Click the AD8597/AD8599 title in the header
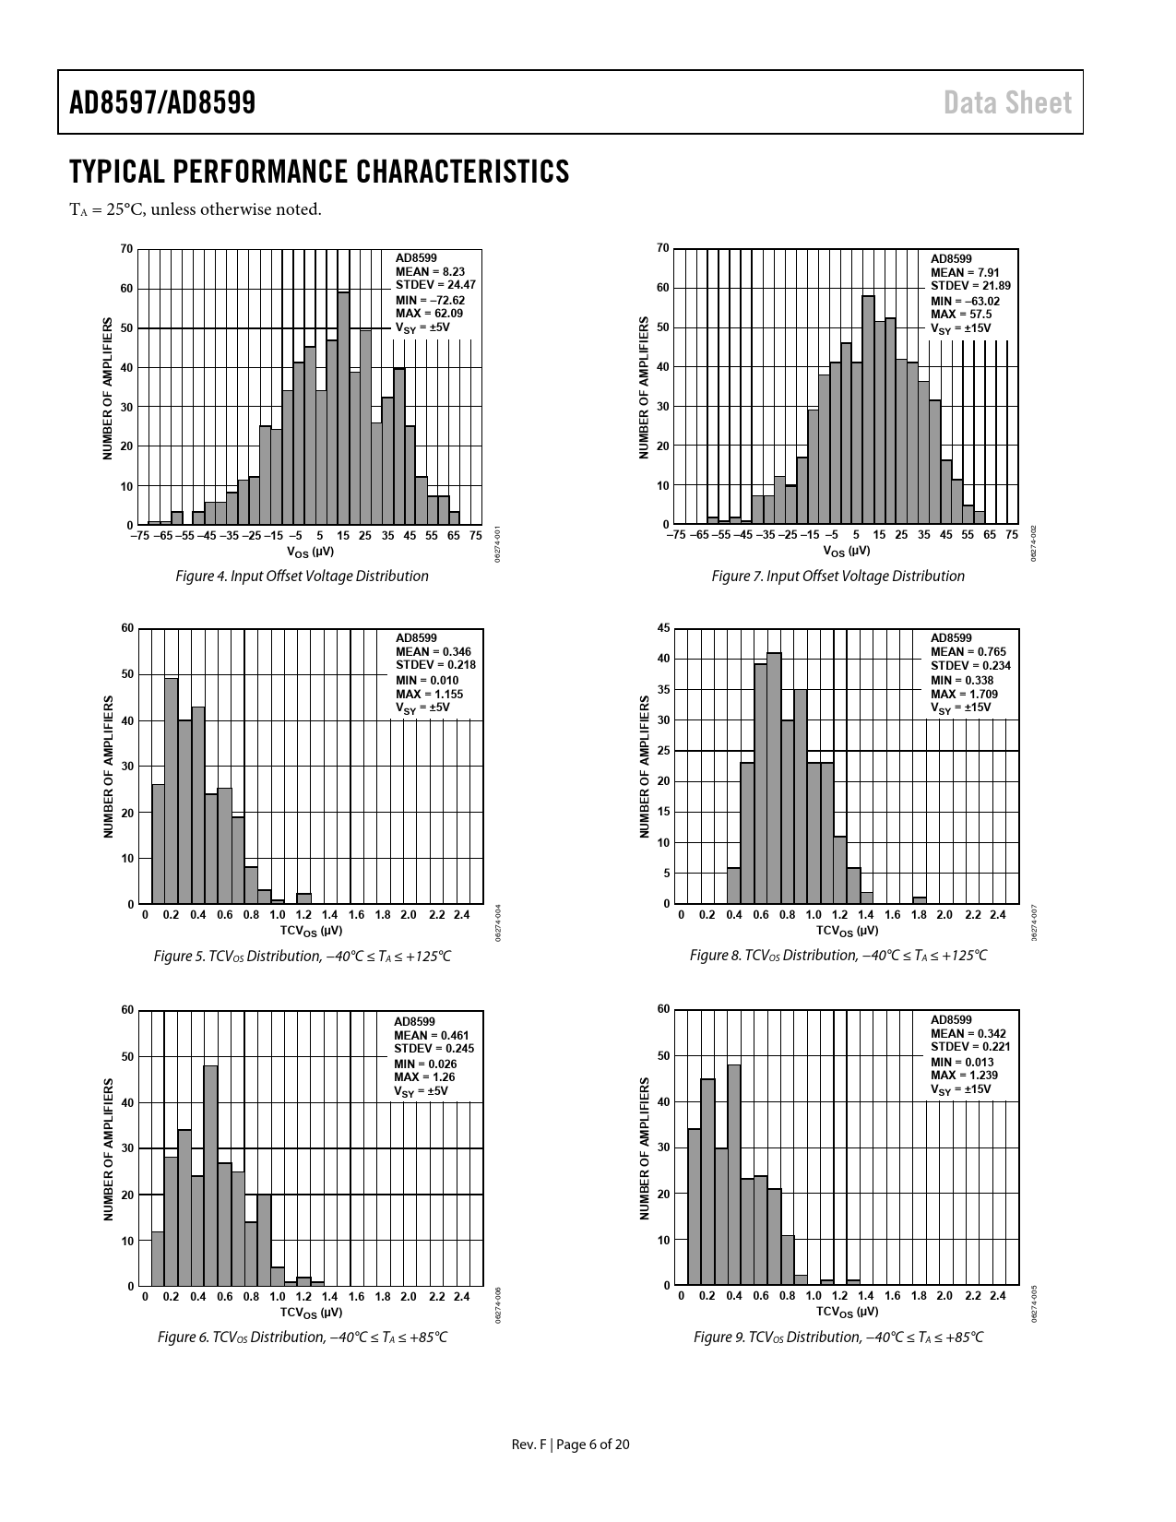click(162, 102)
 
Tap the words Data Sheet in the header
click(1007, 102)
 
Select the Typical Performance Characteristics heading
click(319, 172)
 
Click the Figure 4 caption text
click(303, 576)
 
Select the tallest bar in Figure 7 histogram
click(868, 410)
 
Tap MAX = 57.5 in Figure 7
click(961, 315)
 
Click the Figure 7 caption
click(837, 576)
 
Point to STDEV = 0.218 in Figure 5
click(435, 665)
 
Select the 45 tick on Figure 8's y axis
click(663, 628)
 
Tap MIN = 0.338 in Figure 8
click(962, 680)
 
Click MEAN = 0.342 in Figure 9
click(968, 1033)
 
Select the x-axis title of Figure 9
click(847, 1312)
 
